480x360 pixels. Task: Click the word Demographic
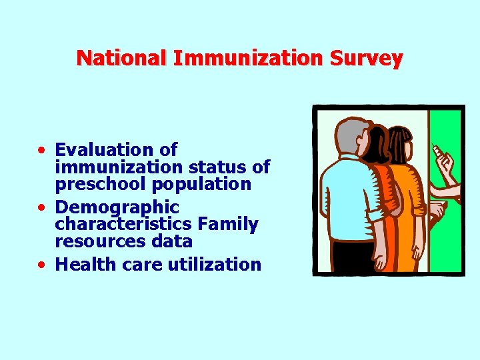(117, 207)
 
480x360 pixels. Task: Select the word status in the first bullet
(213, 167)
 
